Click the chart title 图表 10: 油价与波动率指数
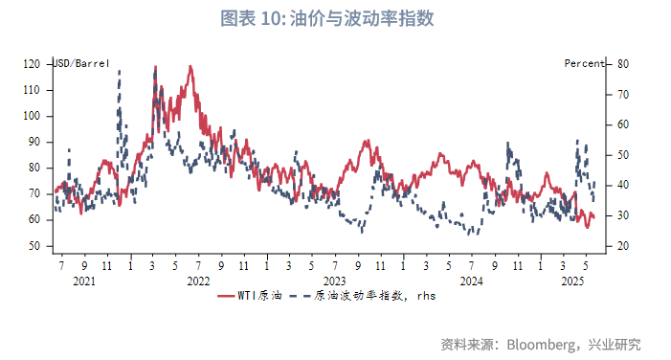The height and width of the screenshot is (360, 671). pos(334,18)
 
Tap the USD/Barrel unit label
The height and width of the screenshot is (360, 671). pos(80,63)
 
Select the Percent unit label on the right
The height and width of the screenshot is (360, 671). pos(583,63)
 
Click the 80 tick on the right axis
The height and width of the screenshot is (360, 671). pos(622,64)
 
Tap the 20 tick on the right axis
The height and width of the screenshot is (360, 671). pos(622,246)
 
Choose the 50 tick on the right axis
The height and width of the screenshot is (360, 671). pos(622,155)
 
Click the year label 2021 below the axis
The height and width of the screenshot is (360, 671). pos(84,281)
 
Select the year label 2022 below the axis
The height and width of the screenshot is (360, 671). pos(198,281)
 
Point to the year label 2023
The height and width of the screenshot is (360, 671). pos(334,281)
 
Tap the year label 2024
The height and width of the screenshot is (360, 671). pos(471,281)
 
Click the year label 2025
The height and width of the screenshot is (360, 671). pos(572,281)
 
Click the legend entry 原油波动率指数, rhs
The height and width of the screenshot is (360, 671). pos(373,297)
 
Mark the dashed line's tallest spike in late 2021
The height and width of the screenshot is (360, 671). pos(120,72)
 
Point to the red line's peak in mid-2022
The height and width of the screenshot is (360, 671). pos(190,67)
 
